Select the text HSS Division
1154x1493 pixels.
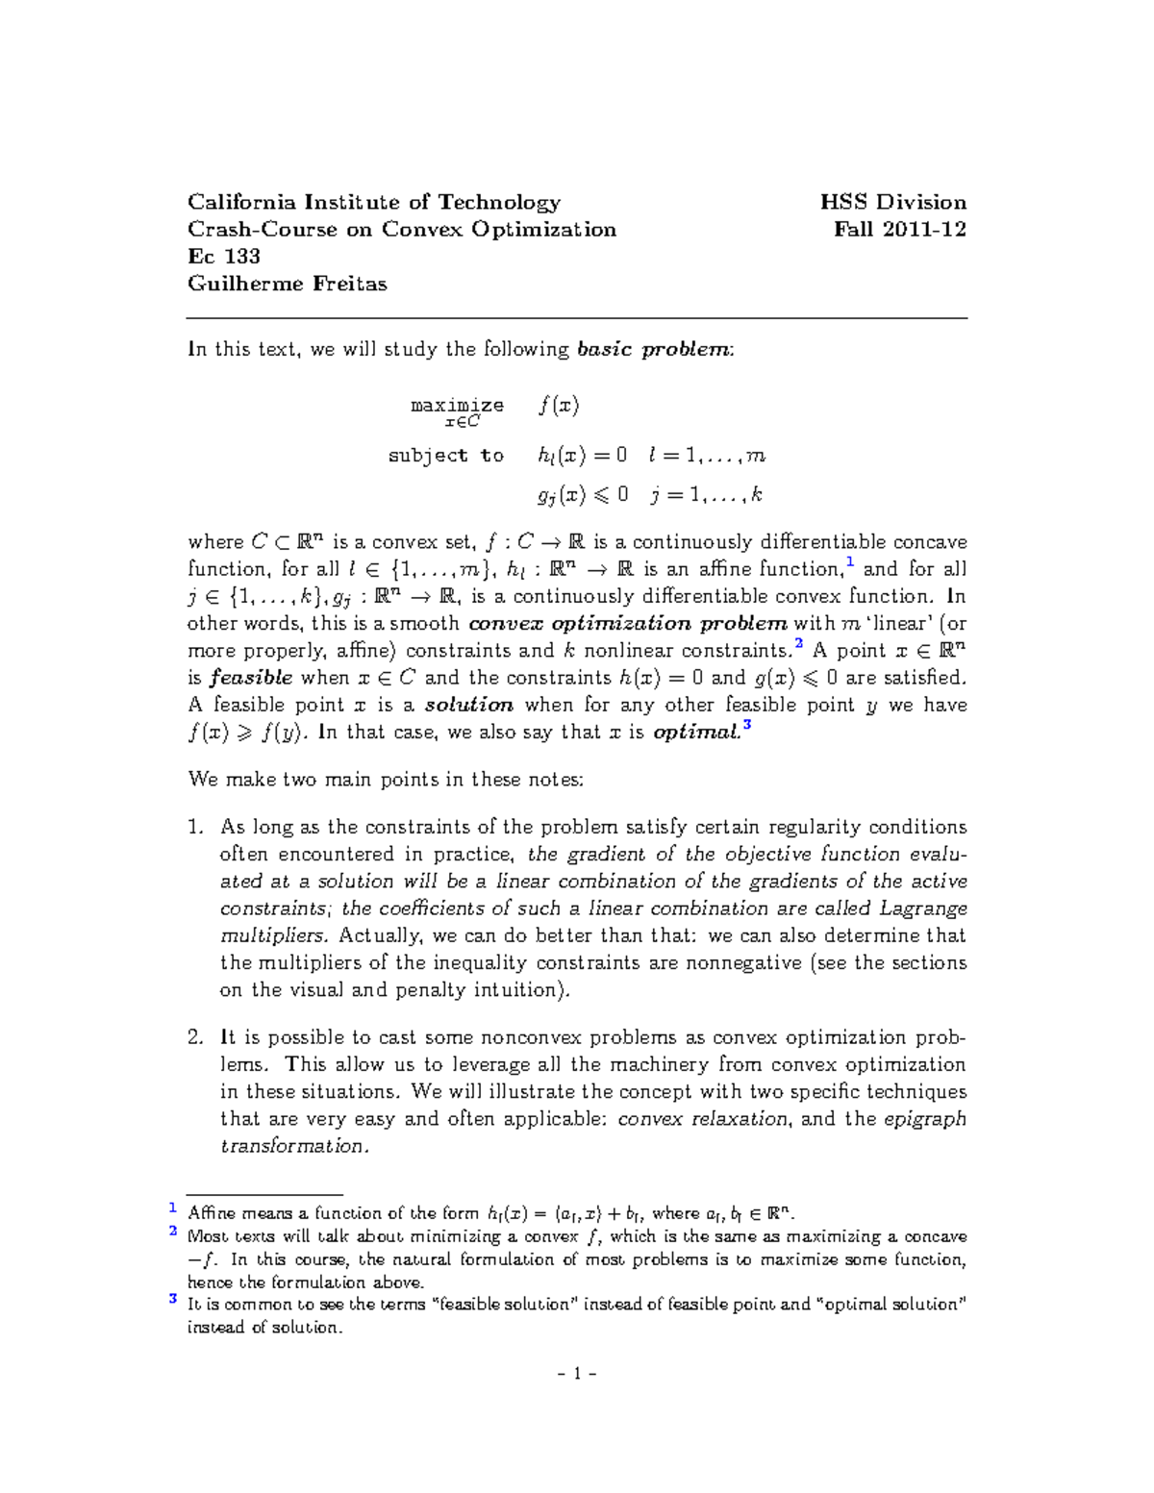892,203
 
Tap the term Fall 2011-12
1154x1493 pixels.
899,230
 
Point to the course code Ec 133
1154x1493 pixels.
224,257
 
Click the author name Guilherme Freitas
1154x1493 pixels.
287,284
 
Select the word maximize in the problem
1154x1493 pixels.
457,406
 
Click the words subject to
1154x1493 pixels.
445,456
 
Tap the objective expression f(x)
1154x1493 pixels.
559,406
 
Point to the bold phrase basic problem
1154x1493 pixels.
654,350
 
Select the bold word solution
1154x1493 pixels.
469,705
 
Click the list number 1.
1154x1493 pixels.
195,828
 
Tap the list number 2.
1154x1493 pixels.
195,1038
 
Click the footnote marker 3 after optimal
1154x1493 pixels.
747,726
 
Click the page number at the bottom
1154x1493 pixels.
577,1374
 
